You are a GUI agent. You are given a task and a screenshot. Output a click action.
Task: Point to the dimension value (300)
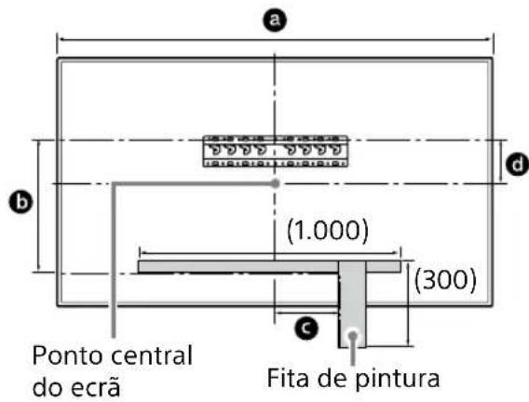pyautogui.click(x=446, y=278)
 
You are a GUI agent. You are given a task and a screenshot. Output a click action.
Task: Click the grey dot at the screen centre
pyautogui.click(x=275, y=183)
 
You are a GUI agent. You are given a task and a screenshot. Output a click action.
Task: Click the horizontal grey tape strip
pyautogui.click(x=233, y=266)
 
